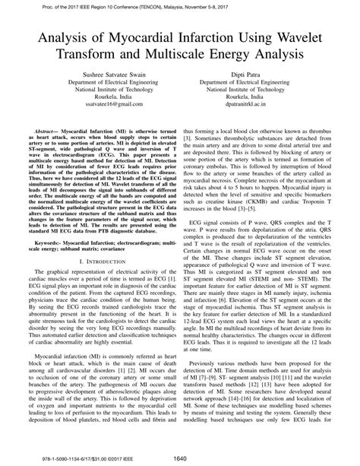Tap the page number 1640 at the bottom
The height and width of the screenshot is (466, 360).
(x=180, y=458)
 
